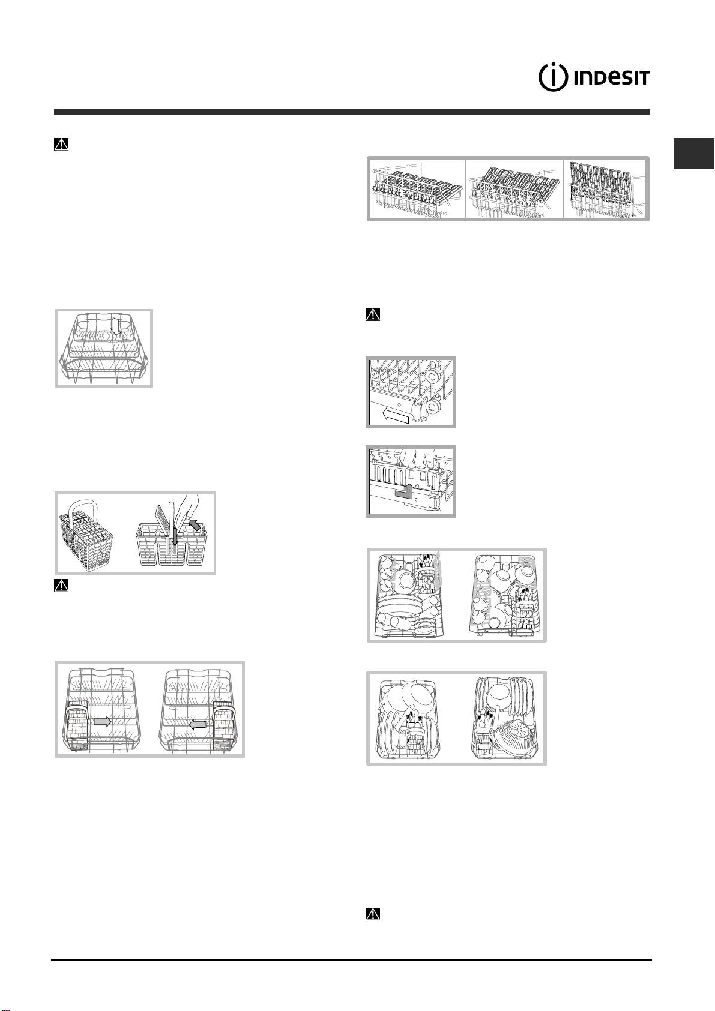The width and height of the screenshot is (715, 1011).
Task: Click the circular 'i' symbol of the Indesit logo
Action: [x=552, y=77]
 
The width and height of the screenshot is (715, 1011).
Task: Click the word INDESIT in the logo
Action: [x=611, y=77]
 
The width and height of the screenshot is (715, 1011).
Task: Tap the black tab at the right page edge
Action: [x=694, y=153]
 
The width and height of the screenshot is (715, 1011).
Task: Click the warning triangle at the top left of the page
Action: [x=61, y=144]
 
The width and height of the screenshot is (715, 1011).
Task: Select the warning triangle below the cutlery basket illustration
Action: [x=61, y=585]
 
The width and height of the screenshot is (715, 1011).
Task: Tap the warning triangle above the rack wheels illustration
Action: [x=373, y=314]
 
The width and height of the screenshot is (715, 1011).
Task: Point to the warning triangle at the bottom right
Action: [x=373, y=914]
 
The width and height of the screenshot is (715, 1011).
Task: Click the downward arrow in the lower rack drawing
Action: [x=116, y=325]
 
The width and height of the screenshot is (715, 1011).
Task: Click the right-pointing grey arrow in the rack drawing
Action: [x=103, y=722]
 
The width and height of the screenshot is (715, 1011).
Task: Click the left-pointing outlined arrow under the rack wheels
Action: [x=394, y=416]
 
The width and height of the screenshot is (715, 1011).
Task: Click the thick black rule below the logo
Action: [x=352, y=112]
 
